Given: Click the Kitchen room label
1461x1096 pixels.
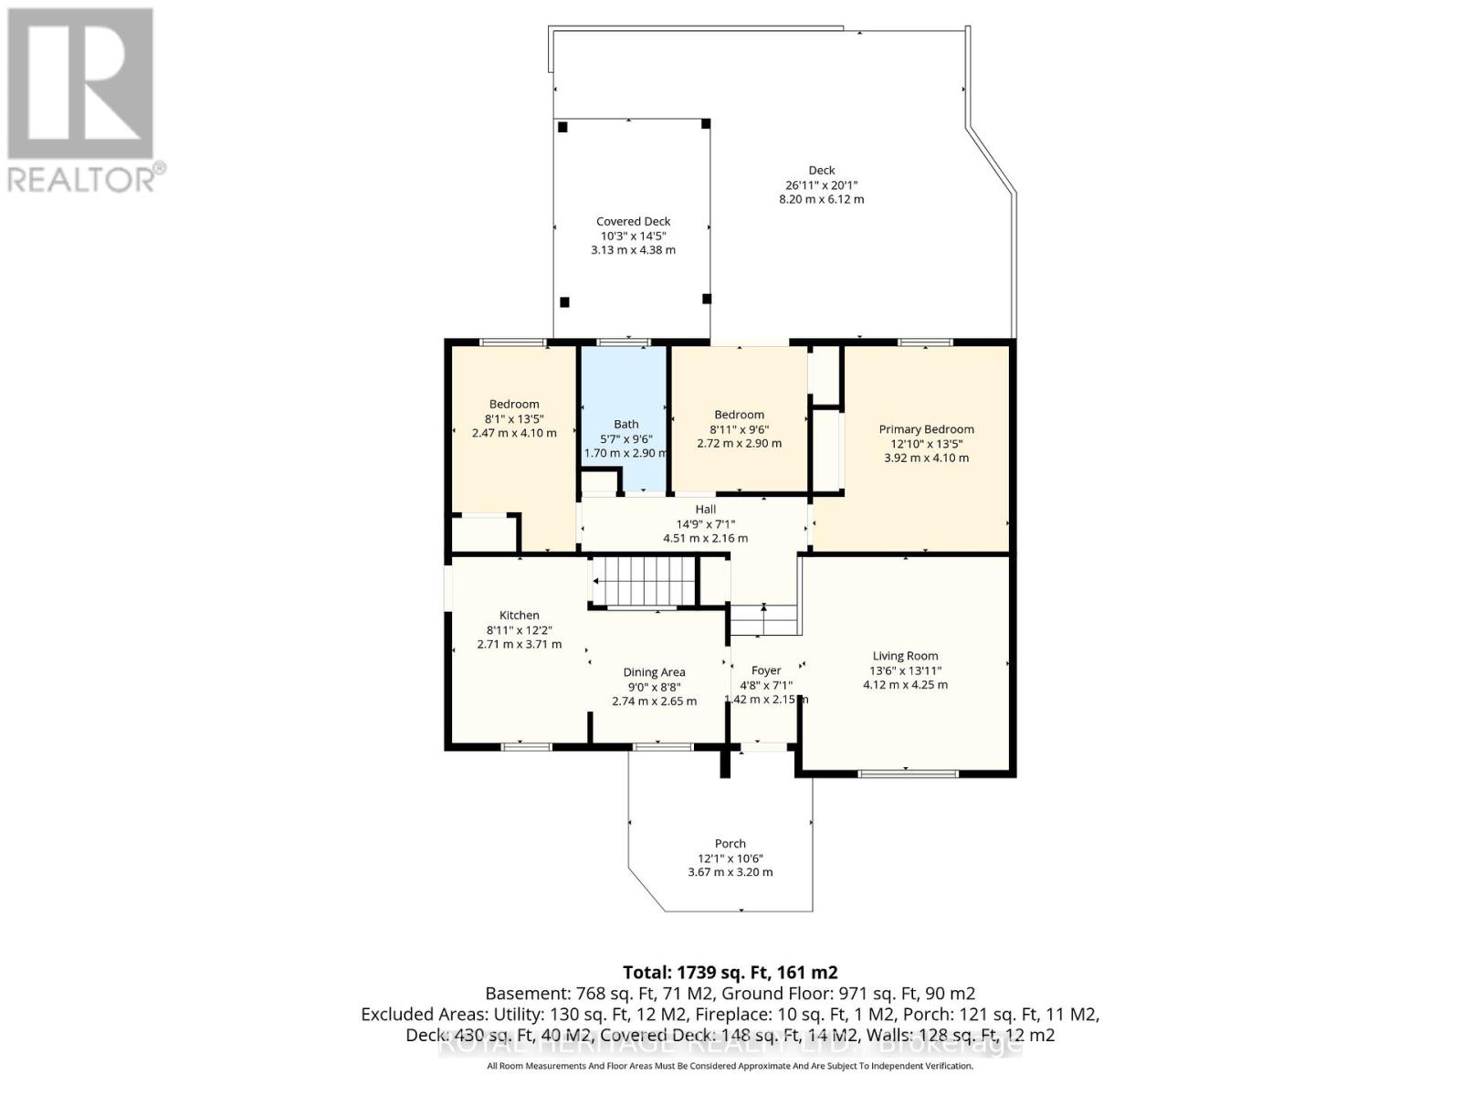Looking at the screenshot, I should coord(519,616).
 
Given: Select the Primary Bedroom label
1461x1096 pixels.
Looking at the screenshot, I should coord(926,429).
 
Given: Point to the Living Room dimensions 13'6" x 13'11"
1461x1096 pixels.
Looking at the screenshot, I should coord(905,670).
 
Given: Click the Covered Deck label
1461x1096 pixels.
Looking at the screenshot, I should coord(633,221).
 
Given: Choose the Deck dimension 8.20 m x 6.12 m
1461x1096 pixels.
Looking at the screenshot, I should coord(821,199).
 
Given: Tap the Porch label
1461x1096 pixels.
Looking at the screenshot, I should coord(730,844).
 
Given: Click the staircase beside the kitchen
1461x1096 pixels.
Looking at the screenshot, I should coord(644,581).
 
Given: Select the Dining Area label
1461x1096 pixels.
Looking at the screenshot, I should coord(654,672).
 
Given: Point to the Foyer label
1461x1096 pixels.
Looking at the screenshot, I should coord(765,670).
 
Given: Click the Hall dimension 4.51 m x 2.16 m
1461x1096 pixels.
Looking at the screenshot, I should coord(705,539).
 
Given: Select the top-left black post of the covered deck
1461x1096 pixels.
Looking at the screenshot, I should coord(563,127).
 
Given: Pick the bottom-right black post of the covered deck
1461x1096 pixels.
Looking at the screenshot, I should coord(706,299).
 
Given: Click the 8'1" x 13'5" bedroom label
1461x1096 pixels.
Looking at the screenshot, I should coord(514,404).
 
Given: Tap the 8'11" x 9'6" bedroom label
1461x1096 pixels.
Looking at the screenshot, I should coord(739,415).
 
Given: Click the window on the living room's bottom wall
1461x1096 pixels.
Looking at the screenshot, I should coord(908,774).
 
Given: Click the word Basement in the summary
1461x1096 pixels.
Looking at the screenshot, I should coord(527,994).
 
